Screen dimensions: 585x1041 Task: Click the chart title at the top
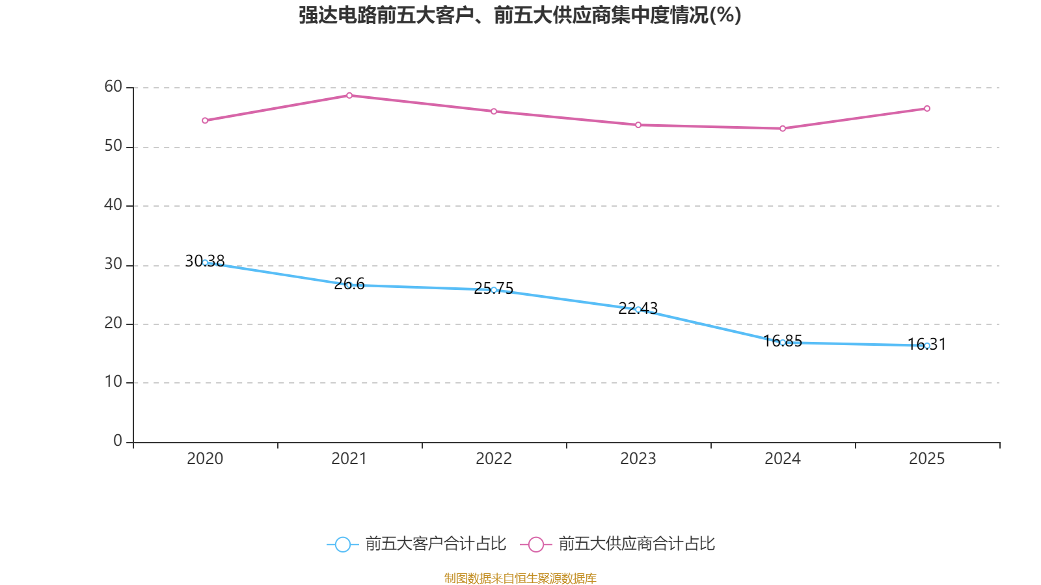pyautogui.click(x=520, y=15)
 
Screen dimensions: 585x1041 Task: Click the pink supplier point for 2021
pyautogui.click(x=349, y=96)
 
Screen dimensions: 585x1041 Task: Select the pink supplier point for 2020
pyautogui.click(x=205, y=120)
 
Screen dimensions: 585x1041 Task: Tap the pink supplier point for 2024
pyautogui.click(x=783, y=129)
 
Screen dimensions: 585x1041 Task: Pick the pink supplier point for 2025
pyautogui.click(x=927, y=109)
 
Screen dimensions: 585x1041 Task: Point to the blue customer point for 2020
pyautogui.click(x=205, y=263)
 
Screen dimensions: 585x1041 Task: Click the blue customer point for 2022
pyautogui.click(x=494, y=290)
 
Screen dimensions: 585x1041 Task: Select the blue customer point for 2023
pyautogui.click(x=638, y=309)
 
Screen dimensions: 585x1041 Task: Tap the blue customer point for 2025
pyautogui.click(x=927, y=346)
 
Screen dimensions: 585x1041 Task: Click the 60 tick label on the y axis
pyautogui.click(x=113, y=86)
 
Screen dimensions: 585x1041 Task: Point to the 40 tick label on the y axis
pyautogui.click(x=113, y=205)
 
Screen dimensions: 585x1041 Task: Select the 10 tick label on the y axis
pyautogui.click(x=113, y=382)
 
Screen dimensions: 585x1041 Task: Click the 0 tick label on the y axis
pyautogui.click(x=118, y=441)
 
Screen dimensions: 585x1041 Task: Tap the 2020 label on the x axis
pyautogui.click(x=205, y=459)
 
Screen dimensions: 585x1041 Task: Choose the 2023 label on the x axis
pyautogui.click(x=638, y=459)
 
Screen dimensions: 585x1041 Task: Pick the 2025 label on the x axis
pyautogui.click(x=927, y=459)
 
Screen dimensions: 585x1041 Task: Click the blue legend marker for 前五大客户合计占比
pyautogui.click(x=342, y=545)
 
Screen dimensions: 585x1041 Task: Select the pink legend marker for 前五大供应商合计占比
pyautogui.click(x=535, y=545)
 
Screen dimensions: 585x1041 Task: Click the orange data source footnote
pyautogui.click(x=520, y=578)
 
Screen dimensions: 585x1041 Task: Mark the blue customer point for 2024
pyautogui.click(x=783, y=343)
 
